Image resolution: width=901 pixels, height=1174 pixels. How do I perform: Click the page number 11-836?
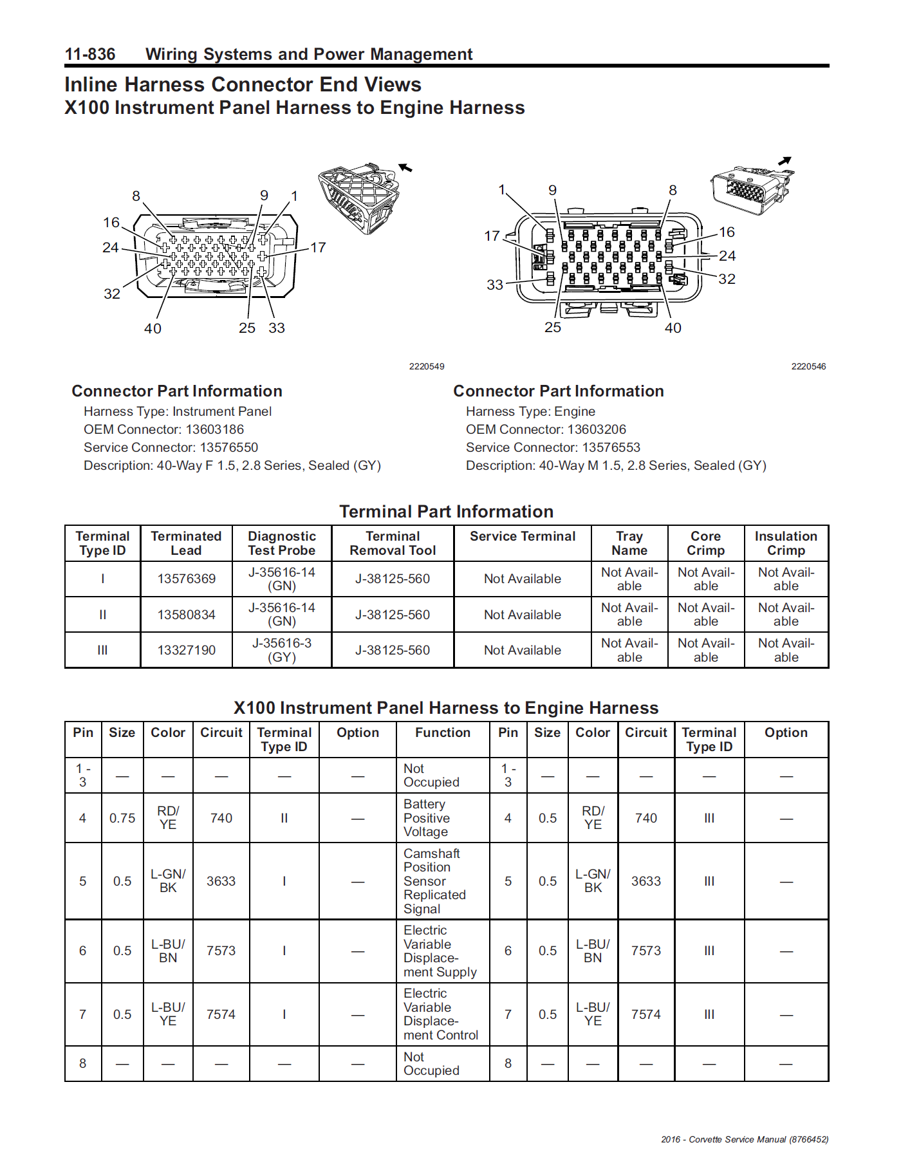point(90,54)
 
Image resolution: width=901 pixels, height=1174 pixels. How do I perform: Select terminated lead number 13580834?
point(186,615)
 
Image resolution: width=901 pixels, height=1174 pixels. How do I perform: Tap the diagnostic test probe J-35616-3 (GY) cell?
point(282,650)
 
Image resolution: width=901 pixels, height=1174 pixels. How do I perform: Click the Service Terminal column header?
point(522,537)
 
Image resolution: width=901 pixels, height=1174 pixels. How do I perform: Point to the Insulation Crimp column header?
point(786,543)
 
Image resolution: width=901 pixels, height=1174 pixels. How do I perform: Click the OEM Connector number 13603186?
point(215,429)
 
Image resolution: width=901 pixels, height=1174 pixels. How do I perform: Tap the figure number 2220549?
point(427,366)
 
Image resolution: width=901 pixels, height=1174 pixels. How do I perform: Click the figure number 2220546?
point(808,366)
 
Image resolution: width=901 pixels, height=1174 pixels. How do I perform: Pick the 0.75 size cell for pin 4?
point(122,818)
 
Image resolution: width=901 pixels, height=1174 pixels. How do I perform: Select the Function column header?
point(442,732)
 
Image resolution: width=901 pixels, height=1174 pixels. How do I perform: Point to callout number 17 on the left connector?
point(318,248)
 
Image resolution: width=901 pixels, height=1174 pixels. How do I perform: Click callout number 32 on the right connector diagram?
point(727,279)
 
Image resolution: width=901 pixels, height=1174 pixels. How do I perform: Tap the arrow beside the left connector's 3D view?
point(405,168)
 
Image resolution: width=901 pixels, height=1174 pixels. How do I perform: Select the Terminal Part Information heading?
point(446,512)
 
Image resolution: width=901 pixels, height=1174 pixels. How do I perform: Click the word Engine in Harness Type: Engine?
point(575,411)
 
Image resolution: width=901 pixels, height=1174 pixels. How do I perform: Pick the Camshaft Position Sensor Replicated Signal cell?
point(434,881)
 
